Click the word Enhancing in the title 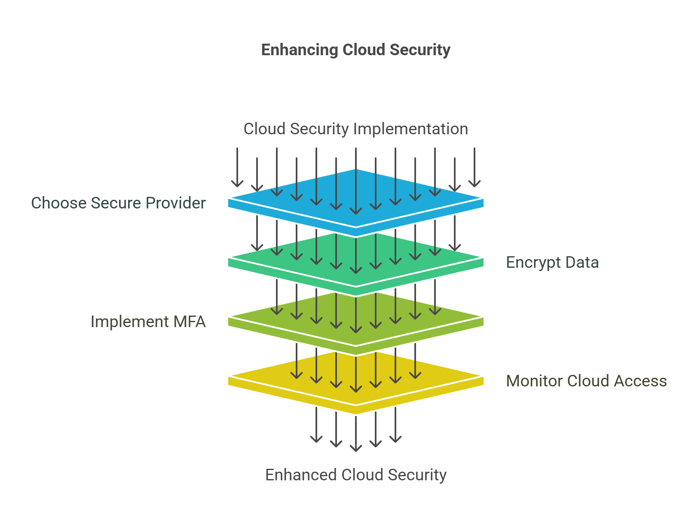point(300,50)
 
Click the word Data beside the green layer point(582,262)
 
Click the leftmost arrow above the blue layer point(237,167)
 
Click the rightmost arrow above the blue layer point(475,167)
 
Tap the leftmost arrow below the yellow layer point(316,424)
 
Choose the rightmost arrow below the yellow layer point(395,424)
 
